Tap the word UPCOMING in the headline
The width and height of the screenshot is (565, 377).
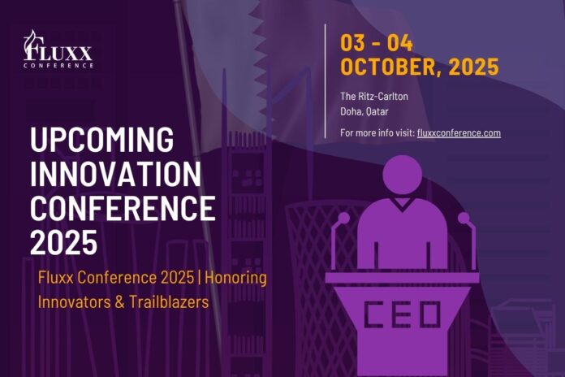point(102,139)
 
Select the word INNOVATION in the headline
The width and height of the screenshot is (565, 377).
point(115,174)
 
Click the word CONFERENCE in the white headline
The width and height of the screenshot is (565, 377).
point(123,208)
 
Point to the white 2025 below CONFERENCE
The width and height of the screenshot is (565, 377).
point(64,242)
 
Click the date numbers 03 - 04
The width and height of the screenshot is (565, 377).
point(377,43)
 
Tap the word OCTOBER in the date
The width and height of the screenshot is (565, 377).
point(391,67)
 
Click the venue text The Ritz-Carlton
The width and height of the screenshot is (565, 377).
point(374,97)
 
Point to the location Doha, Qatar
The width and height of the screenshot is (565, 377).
point(364,111)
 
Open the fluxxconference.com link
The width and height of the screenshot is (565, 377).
point(459,132)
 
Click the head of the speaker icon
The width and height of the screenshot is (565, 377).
point(402,175)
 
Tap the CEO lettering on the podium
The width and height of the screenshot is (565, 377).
point(402,314)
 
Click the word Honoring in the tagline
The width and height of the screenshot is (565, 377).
point(235,278)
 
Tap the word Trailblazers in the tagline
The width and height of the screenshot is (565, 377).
point(169,301)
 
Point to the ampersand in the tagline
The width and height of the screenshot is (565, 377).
point(119,302)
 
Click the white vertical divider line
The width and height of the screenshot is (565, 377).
point(325,81)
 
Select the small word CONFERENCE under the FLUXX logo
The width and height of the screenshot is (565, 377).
point(58,66)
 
